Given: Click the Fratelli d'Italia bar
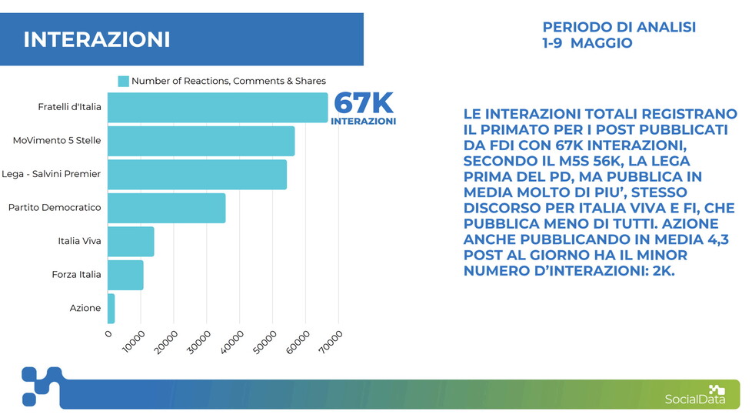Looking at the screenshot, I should pyautogui.click(x=218, y=108).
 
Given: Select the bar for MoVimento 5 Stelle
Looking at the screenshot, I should pyautogui.click(x=201, y=141).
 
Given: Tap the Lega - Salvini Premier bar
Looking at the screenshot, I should pyautogui.click(x=197, y=175).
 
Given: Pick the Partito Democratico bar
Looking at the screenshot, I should pyautogui.click(x=166, y=208).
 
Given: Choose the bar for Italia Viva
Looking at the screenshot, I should pyautogui.click(x=131, y=242).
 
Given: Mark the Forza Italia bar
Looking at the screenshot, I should pyautogui.click(x=125, y=275).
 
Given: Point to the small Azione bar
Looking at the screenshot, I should pyautogui.click(x=111, y=309).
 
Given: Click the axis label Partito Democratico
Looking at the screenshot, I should pyautogui.click(x=55, y=208).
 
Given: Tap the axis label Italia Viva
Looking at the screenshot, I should pyautogui.click(x=79, y=242).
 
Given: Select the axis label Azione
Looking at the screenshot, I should pyautogui.click(x=85, y=309).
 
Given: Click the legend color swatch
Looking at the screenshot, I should pyautogui.click(x=123, y=82).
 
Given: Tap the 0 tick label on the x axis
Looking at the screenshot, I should pyautogui.click(x=108, y=334).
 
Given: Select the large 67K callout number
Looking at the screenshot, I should pyautogui.click(x=364, y=103).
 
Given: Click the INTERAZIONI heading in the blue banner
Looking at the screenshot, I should pyautogui.click(x=97, y=40).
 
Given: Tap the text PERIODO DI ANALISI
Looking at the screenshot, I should pyautogui.click(x=619, y=27).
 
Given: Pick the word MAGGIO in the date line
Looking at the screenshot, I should pyautogui.click(x=601, y=43).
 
